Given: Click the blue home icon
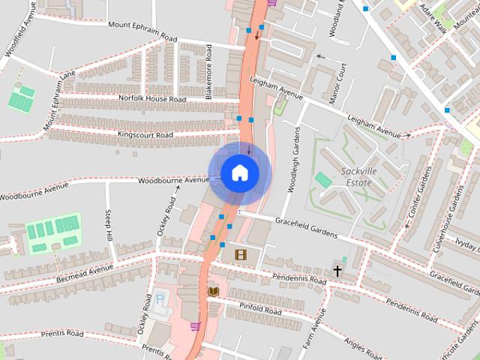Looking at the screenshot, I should (x=239, y=172).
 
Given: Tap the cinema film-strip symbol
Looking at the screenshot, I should (x=240, y=255).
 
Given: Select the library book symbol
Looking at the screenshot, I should (x=213, y=290).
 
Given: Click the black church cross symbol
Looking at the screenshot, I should (x=337, y=270).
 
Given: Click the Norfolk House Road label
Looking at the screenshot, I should (x=152, y=98).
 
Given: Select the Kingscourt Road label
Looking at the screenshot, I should (x=145, y=135).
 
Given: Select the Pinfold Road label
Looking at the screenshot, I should (x=259, y=310).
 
